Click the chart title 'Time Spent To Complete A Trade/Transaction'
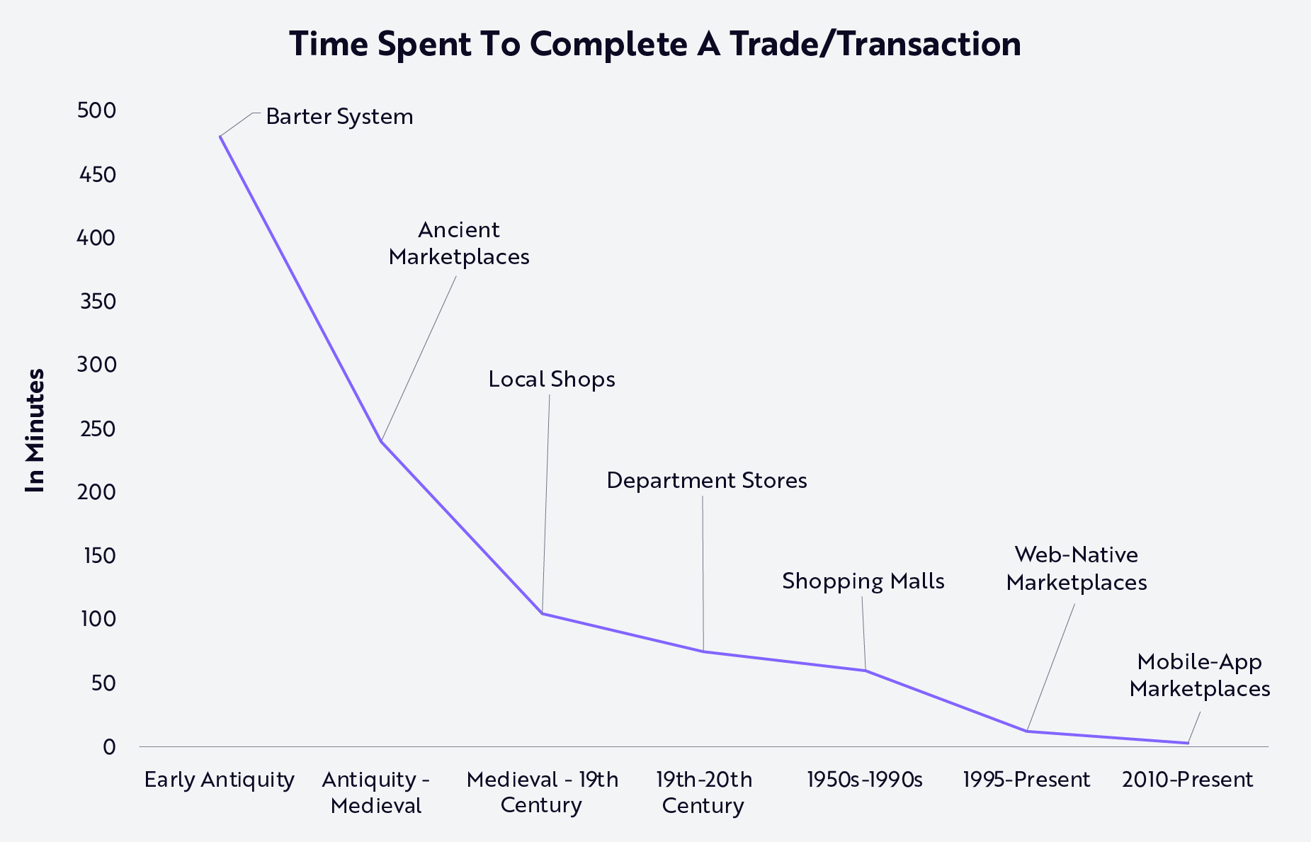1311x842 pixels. click(655, 44)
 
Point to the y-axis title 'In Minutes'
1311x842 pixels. click(35, 431)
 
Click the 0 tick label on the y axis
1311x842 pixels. click(109, 746)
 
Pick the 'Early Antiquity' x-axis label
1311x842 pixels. click(220, 780)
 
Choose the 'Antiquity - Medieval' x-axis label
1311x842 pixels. click(376, 792)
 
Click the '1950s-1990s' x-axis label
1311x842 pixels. click(865, 780)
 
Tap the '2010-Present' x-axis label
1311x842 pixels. click(1188, 780)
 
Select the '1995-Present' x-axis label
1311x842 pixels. click(1026, 780)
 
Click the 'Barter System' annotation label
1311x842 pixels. click(339, 117)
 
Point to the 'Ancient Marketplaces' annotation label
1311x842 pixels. click(459, 243)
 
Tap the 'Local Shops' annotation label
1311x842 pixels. click(552, 380)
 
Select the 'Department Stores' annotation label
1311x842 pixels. click(707, 481)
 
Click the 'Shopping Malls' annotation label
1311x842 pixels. click(863, 581)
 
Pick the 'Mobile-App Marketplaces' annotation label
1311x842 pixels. click(1200, 676)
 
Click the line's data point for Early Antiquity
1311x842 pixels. click(220, 136)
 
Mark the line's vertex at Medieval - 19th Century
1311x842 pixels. click(542, 613)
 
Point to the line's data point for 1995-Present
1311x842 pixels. click(1026, 731)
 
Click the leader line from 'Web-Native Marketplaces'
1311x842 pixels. click(1051, 667)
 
